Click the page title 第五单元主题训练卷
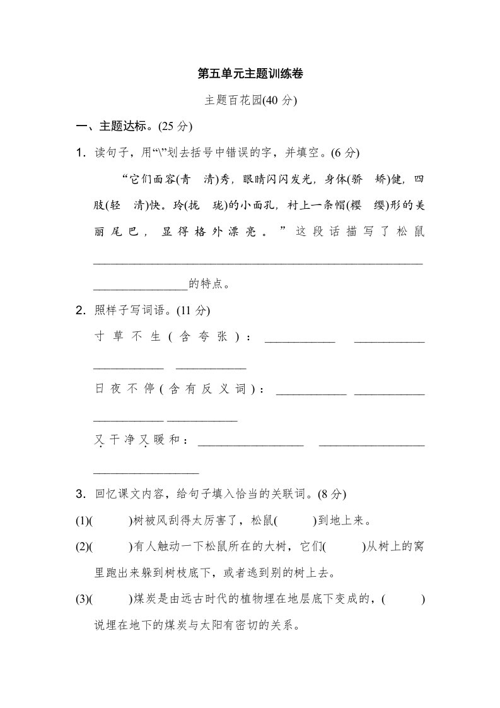(x=250, y=74)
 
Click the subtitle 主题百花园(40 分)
(x=250, y=100)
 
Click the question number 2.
(x=80, y=310)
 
